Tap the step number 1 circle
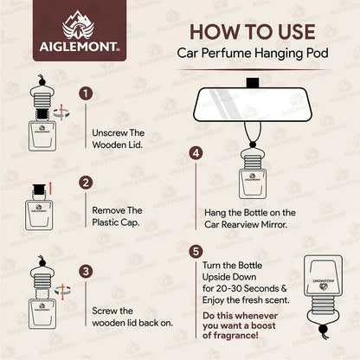pyautogui.click(x=86, y=93)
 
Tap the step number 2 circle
pyautogui.click(x=86, y=183)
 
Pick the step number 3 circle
pyautogui.click(x=86, y=270)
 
